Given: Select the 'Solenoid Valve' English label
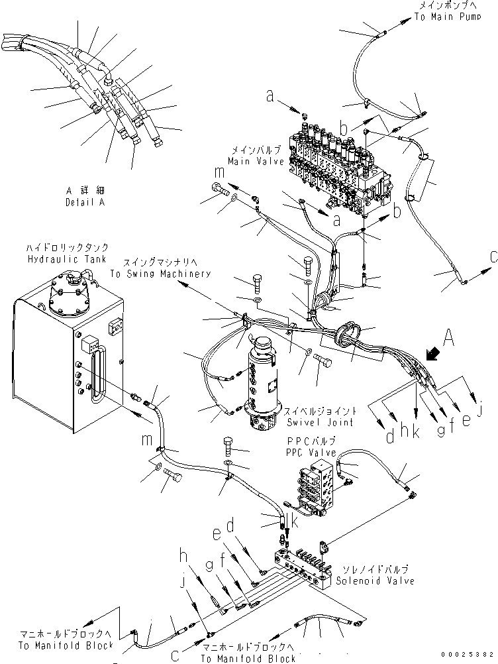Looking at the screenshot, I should (x=374, y=581).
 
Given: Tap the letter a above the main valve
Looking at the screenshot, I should (x=270, y=97).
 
